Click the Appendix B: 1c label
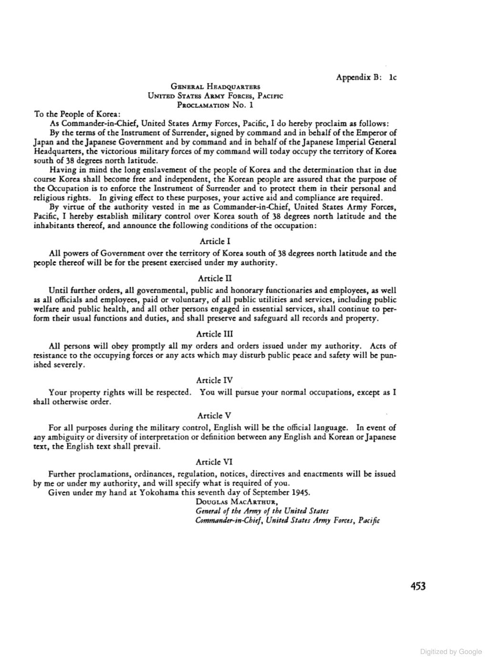tap(366, 77)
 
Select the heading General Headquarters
tap(215, 86)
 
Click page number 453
tap(417, 586)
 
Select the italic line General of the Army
tap(262, 511)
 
